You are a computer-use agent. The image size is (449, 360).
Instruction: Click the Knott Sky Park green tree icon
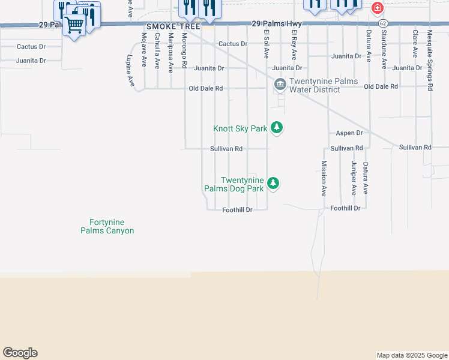coord(277,127)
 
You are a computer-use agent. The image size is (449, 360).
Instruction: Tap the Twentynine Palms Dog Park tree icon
coord(273,183)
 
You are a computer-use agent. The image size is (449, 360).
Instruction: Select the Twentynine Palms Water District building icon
coord(280,85)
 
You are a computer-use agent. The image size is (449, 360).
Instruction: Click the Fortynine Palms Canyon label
coord(107,226)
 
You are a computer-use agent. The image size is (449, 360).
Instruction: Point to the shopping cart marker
coord(74,25)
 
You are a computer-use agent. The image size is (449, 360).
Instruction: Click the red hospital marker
coord(378,8)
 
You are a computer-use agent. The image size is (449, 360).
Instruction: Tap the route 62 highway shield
coord(383,23)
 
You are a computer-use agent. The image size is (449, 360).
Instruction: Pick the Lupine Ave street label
coord(130,71)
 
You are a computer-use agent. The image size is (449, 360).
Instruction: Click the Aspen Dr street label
coord(349,133)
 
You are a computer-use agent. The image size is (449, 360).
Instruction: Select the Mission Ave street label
coord(324,179)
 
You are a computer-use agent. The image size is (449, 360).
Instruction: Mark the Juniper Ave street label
coord(354,177)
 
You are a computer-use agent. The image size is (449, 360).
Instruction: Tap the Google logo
coord(20,353)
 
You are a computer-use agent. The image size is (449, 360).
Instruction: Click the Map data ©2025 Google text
coord(411,355)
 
